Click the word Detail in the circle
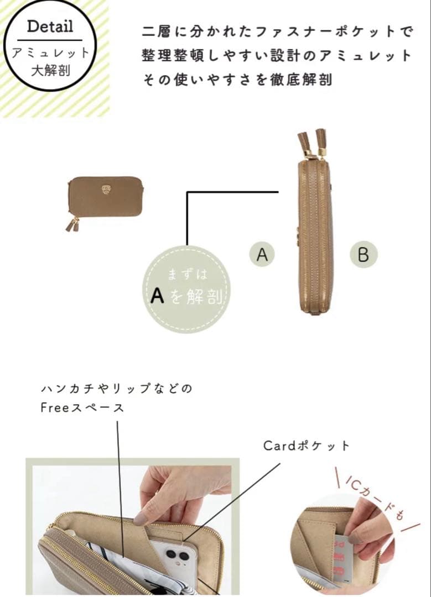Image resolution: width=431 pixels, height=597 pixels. click(x=50, y=26)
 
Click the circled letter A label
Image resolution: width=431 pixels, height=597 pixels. click(x=262, y=254)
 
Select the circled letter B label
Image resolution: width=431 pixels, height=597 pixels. click(x=363, y=254)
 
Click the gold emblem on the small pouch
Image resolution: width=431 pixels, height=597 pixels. click(x=106, y=191)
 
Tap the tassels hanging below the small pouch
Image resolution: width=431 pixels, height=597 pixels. click(x=72, y=224)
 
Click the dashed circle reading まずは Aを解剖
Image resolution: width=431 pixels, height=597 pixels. click(x=187, y=289)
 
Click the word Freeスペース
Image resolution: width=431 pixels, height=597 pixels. click(x=82, y=408)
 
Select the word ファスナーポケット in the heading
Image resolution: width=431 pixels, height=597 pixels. click(x=321, y=32)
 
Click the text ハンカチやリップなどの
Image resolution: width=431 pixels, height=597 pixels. click(x=116, y=389)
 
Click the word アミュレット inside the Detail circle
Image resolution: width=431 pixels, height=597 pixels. click(x=50, y=53)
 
